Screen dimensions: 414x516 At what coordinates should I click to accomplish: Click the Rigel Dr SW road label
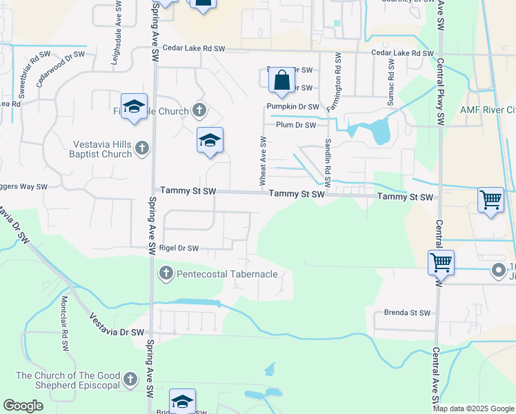pyautogui.click(x=179, y=248)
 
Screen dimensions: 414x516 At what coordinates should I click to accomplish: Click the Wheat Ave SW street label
pyautogui.click(x=263, y=161)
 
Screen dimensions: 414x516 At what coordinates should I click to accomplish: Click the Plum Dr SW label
pyautogui.click(x=295, y=125)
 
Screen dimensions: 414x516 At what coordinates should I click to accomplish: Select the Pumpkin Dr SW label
pyautogui.click(x=293, y=107)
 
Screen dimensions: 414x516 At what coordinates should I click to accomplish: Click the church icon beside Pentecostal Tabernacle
pyautogui.click(x=166, y=274)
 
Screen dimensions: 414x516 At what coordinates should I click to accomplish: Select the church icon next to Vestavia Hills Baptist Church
pyautogui.click(x=142, y=147)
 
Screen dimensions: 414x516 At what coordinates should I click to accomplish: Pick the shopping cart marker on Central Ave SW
pyautogui.click(x=440, y=262)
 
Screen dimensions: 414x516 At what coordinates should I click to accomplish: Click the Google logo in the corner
pyautogui.click(x=23, y=405)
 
